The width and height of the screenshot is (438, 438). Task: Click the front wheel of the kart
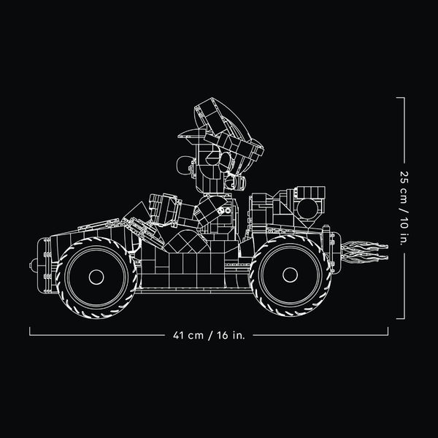[x=96, y=277]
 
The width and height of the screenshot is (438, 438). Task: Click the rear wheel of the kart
[x=290, y=275]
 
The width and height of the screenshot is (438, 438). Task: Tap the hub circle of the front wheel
[x=96, y=277]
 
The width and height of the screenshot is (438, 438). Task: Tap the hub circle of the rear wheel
[x=290, y=275]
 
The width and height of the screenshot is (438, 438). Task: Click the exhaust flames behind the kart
[x=364, y=253]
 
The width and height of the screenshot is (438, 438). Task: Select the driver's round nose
[x=185, y=166]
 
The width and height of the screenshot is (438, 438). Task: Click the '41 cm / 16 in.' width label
[x=209, y=335]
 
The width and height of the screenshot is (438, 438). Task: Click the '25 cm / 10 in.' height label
[x=404, y=208]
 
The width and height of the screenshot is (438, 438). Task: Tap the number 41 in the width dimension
[x=178, y=335]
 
